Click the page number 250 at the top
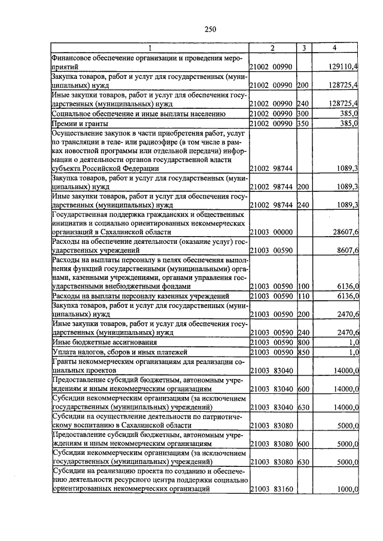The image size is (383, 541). pyautogui.click(x=192, y=29)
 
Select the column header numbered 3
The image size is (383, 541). pyautogui.click(x=304, y=48)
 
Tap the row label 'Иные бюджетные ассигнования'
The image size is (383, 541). pyautogui.click(x=105, y=343)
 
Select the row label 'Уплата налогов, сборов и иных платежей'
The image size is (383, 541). pyautogui.click(x=120, y=353)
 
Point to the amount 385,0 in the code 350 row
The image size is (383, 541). pyautogui.click(x=348, y=123)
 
